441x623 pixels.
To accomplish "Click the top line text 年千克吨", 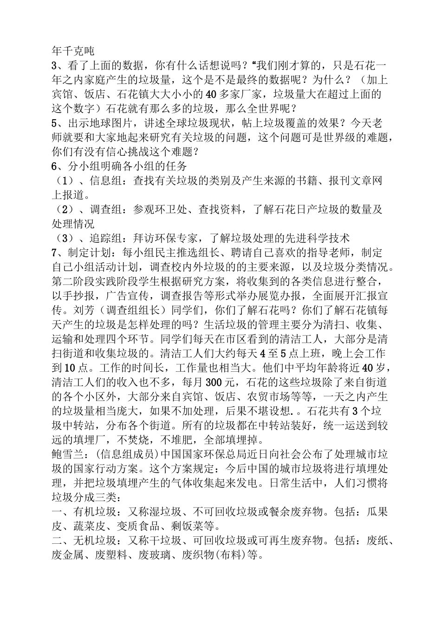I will (x=73, y=51).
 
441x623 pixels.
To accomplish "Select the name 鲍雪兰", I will (x=67, y=454).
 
